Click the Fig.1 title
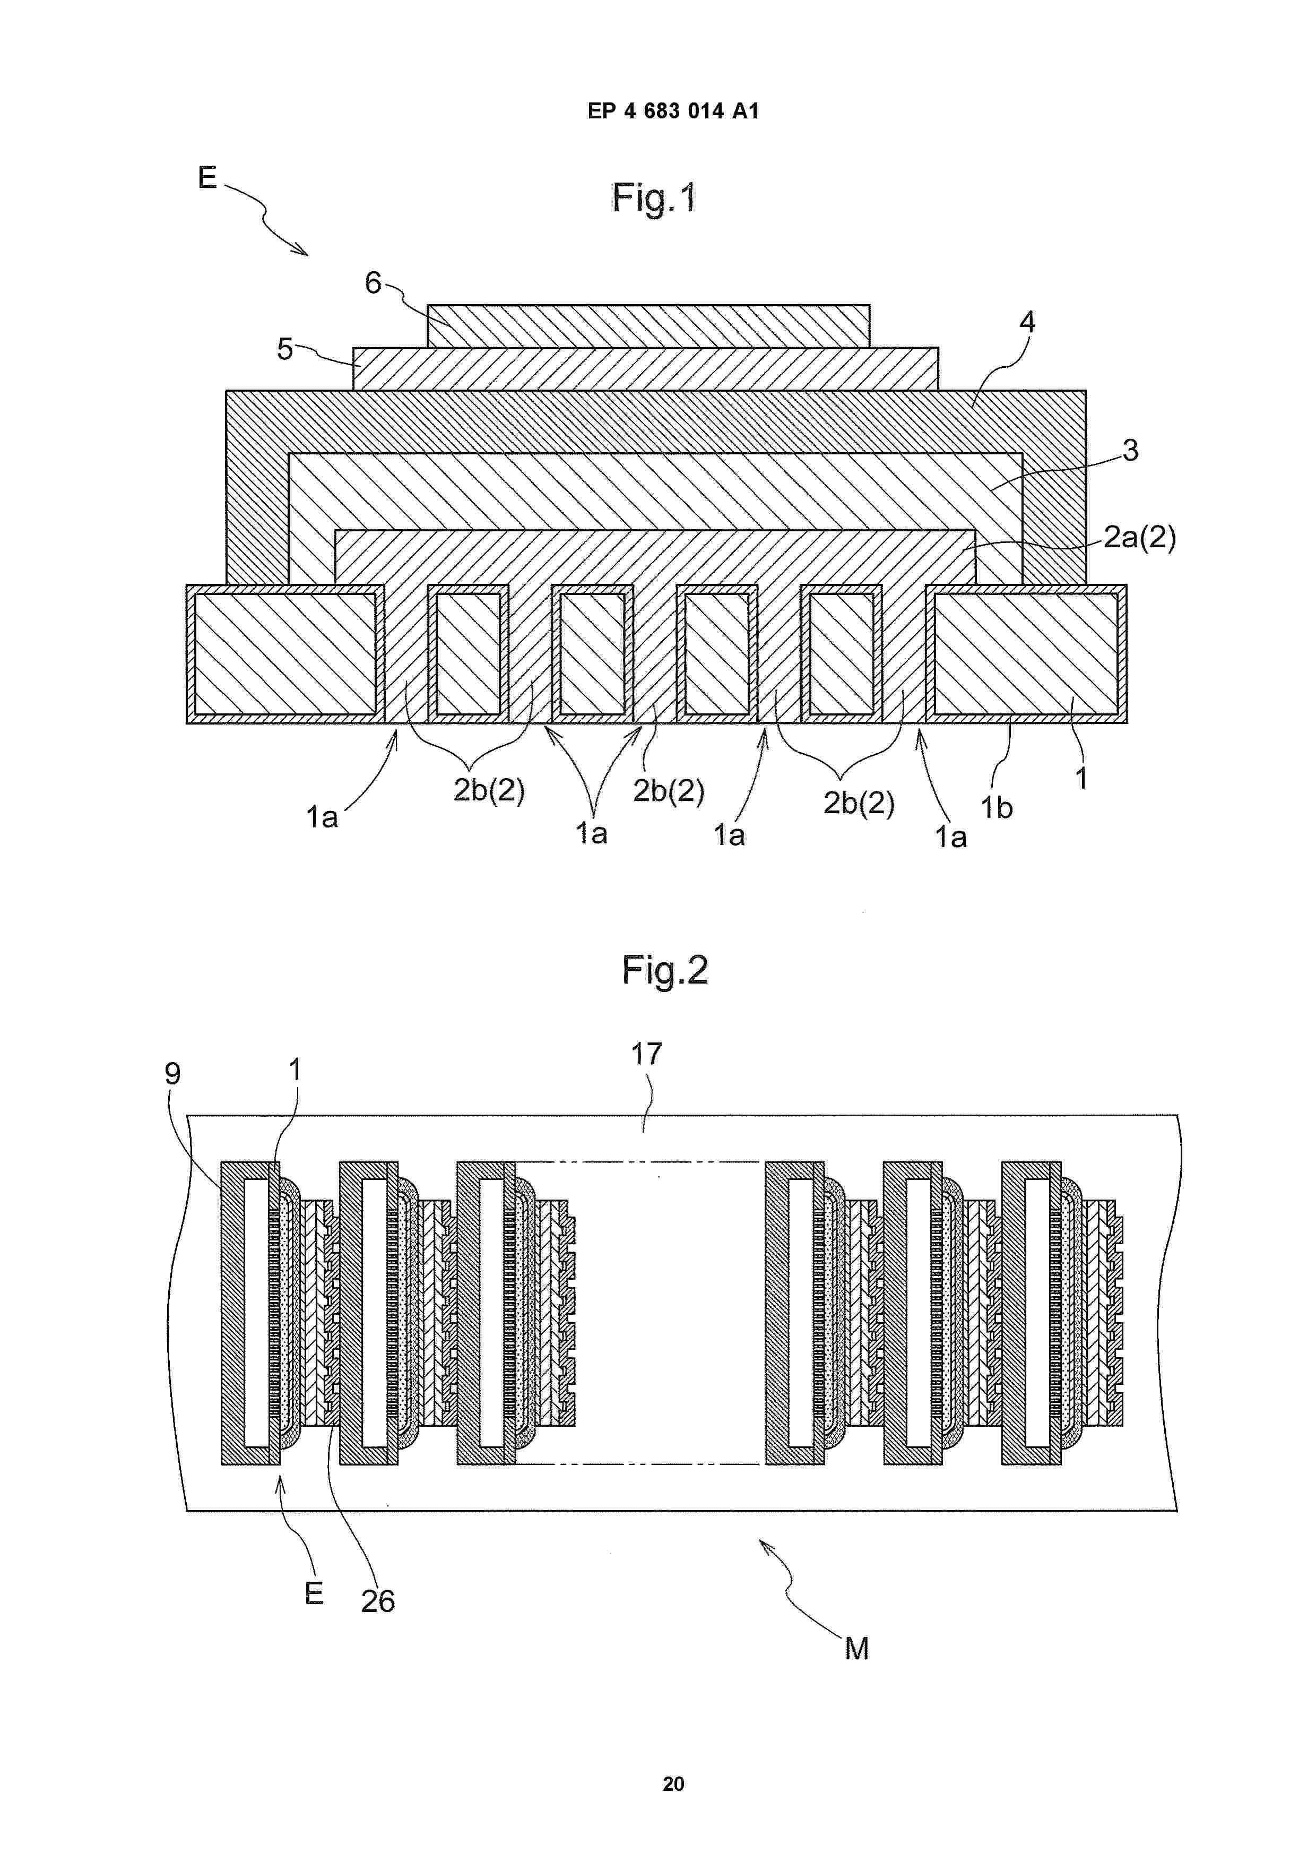click(654, 198)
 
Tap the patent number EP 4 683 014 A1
click(673, 111)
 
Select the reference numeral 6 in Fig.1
click(373, 282)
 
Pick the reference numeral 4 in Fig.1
click(1027, 322)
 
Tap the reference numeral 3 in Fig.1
click(1130, 450)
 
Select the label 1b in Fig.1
click(997, 808)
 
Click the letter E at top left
click(207, 178)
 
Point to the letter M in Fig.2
click(856, 1649)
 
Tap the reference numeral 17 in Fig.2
click(646, 1054)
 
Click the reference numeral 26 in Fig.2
click(378, 1602)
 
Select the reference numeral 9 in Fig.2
click(172, 1074)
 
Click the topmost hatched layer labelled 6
click(648, 326)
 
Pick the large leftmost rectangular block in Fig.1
click(285, 653)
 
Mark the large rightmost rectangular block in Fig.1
click(1026, 653)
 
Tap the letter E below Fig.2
click(314, 1593)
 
